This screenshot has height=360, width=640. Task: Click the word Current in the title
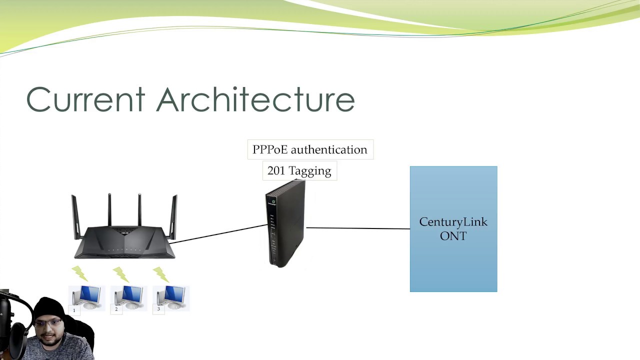[x=85, y=99]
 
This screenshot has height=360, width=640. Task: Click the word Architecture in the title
[x=255, y=99]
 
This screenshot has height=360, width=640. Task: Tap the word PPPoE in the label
[x=269, y=149]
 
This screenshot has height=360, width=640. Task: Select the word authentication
[x=329, y=149]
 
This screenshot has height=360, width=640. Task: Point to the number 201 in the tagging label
[x=275, y=170]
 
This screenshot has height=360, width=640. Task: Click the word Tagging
[x=309, y=171]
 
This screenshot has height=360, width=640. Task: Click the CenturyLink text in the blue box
[x=453, y=222]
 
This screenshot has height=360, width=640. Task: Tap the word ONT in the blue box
[x=453, y=235]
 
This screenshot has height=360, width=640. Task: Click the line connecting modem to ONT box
[x=357, y=228]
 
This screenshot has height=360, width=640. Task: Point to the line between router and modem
[x=220, y=233]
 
